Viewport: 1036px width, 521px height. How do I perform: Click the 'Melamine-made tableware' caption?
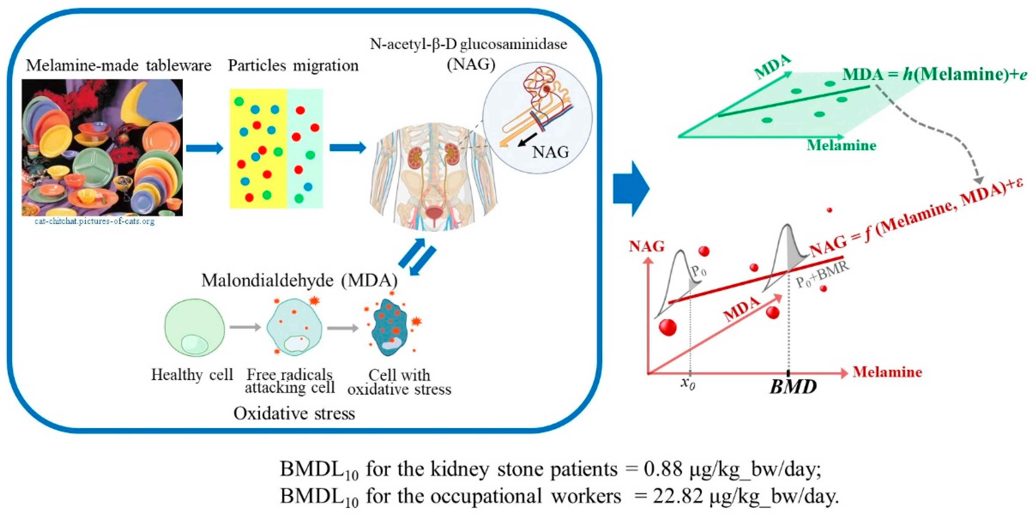tap(119, 66)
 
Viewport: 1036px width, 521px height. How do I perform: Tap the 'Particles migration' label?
tap(293, 66)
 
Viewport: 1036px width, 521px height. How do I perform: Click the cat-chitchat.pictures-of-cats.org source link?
tap(95, 221)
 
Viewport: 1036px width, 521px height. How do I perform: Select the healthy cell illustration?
tap(195, 327)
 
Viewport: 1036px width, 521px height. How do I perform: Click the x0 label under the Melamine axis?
tap(688, 384)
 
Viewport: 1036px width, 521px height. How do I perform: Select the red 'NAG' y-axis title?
tap(647, 246)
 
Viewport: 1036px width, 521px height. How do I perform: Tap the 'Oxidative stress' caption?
tap(294, 413)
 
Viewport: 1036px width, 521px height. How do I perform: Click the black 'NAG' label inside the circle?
tap(551, 152)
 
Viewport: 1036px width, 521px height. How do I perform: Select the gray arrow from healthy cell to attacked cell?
tap(245, 327)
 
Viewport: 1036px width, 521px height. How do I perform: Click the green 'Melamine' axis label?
tap(841, 145)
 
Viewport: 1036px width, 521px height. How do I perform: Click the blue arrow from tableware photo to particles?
tap(204, 148)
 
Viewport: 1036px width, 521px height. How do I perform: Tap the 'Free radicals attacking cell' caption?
tap(290, 381)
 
